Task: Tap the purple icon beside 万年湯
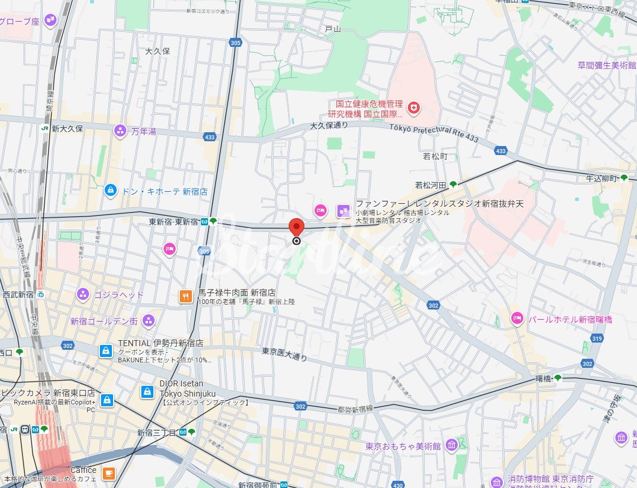(120, 131)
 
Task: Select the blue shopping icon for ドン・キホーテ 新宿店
(110, 191)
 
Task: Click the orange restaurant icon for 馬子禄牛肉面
(186, 296)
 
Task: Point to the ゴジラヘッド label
(118, 294)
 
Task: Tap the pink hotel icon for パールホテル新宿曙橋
(516, 319)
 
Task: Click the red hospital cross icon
(414, 108)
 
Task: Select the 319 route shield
(597, 338)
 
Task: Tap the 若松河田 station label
(429, 185)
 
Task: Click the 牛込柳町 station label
(603, 178)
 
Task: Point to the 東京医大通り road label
(285, 355)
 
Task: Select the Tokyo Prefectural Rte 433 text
(434, 133)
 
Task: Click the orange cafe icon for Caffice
(109, 473)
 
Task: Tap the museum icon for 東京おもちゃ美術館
(452, 444)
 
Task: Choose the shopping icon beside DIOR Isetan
(147, 392)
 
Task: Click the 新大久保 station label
(67, 129)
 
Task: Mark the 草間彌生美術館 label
(606, 65)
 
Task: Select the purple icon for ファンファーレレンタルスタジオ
(343, 210)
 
